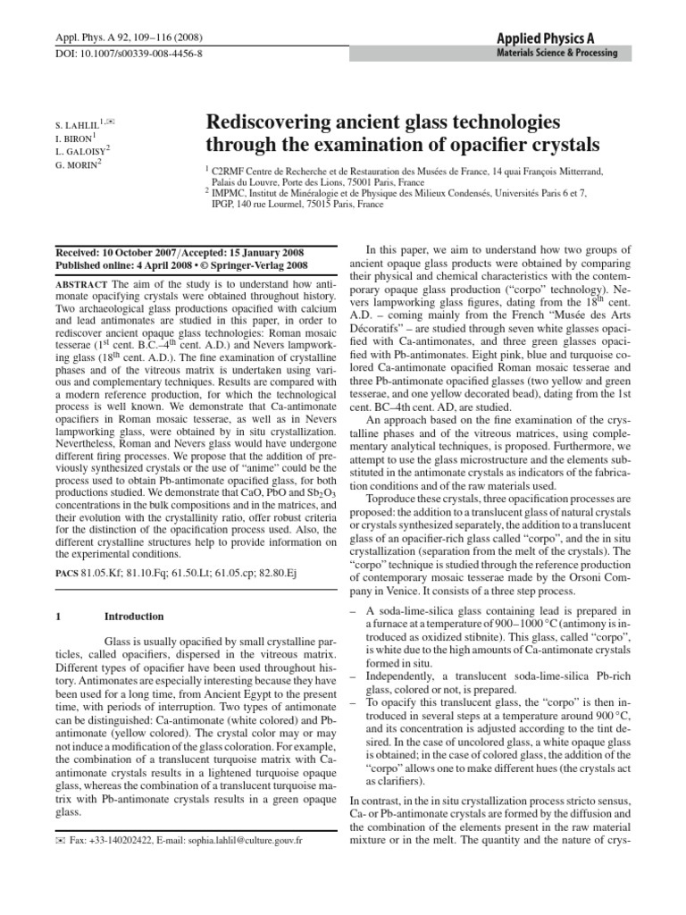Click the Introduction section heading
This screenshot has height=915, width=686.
[x=134, y=617]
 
